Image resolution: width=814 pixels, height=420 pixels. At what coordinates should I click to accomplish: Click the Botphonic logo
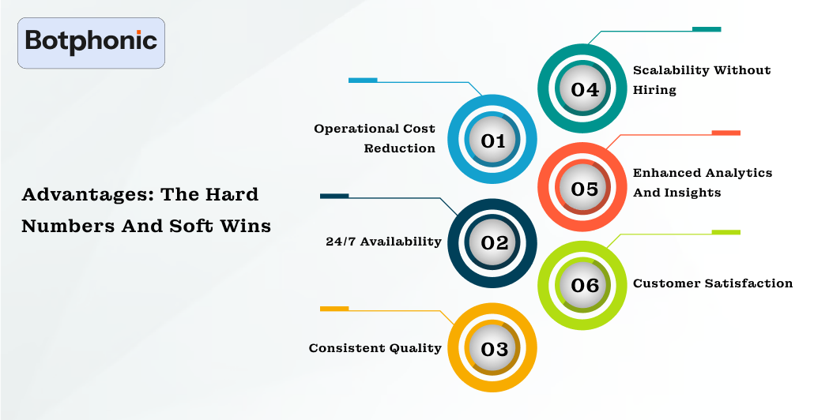(x=91, y=43)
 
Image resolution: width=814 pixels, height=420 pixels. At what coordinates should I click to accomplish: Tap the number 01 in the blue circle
(x=493, y=141)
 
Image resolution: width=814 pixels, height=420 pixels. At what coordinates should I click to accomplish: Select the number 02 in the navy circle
(x=493, y=242)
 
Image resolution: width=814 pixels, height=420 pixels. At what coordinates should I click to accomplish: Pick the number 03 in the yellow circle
(x=493, y=348)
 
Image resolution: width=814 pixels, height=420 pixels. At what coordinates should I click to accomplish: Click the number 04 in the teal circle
(x=584, y=89)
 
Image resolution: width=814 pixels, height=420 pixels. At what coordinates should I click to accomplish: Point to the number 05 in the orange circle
(x=584, y=189)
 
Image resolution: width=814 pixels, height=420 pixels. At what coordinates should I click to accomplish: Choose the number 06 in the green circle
(x=584, y=285)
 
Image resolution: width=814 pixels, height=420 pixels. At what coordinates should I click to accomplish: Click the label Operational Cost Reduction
(x=375, y=138)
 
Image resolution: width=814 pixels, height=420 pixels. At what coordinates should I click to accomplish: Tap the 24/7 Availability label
(x=383, y=242)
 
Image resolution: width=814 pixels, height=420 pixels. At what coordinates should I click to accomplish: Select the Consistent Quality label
(x=375, y=348)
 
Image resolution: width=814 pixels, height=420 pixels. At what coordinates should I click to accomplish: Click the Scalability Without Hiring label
(x=701, y=80)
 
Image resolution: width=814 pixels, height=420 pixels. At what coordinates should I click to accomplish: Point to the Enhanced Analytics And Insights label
(x=702, y=182)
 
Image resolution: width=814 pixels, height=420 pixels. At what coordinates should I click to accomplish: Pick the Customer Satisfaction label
(x=712, y=283)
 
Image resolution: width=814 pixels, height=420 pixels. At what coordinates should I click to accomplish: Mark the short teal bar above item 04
(x=707, y=29)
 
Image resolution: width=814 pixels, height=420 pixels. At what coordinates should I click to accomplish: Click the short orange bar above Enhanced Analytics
(x=725, y=133)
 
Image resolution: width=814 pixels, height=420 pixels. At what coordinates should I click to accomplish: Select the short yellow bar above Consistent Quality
(x=334, y=308)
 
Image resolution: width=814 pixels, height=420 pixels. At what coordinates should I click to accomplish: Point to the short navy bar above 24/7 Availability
(x=334, y=196)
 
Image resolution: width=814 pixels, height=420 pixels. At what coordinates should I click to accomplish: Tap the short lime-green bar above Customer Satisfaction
(x=725, y=232)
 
